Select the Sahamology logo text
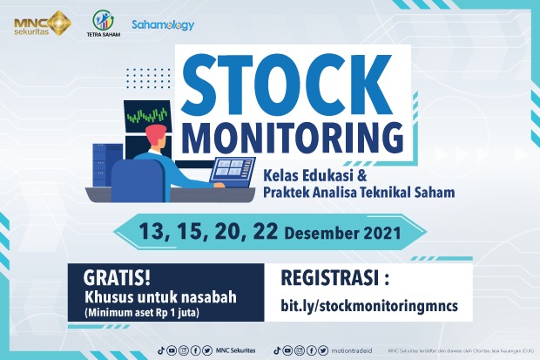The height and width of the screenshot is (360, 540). pyautogui.click(x=163, y=25)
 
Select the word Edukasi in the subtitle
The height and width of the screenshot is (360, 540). pyautogui.click(x=327, y=174)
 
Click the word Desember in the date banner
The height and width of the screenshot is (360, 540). pyautogui.click(x=341, y=234)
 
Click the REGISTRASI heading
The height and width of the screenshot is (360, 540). pyautogui.click(x=331, y=280)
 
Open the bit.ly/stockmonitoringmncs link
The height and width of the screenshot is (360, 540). pyautogui.click(x=366, y=306)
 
